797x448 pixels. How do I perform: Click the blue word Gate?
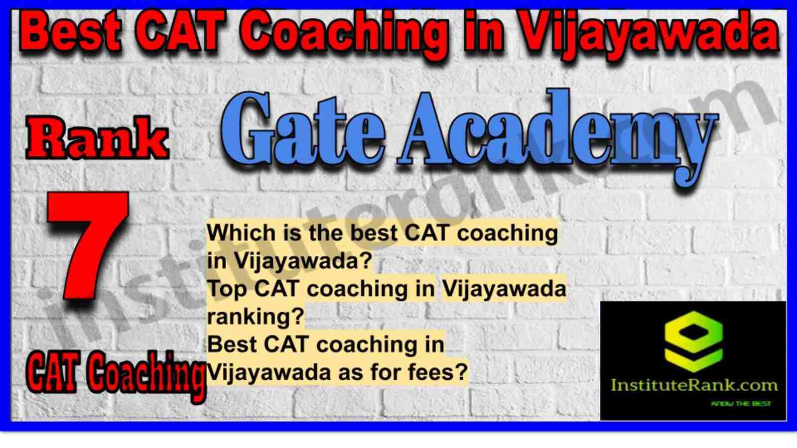pyautogui.click(x=302, y=131)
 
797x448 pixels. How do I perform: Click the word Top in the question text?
pyautogui.click(x=227, y=289)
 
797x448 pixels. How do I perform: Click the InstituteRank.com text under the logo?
pyautogui.click(x=693, y=385)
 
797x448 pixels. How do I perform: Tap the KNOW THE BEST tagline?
pyautogui.click(x=740, y=404)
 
